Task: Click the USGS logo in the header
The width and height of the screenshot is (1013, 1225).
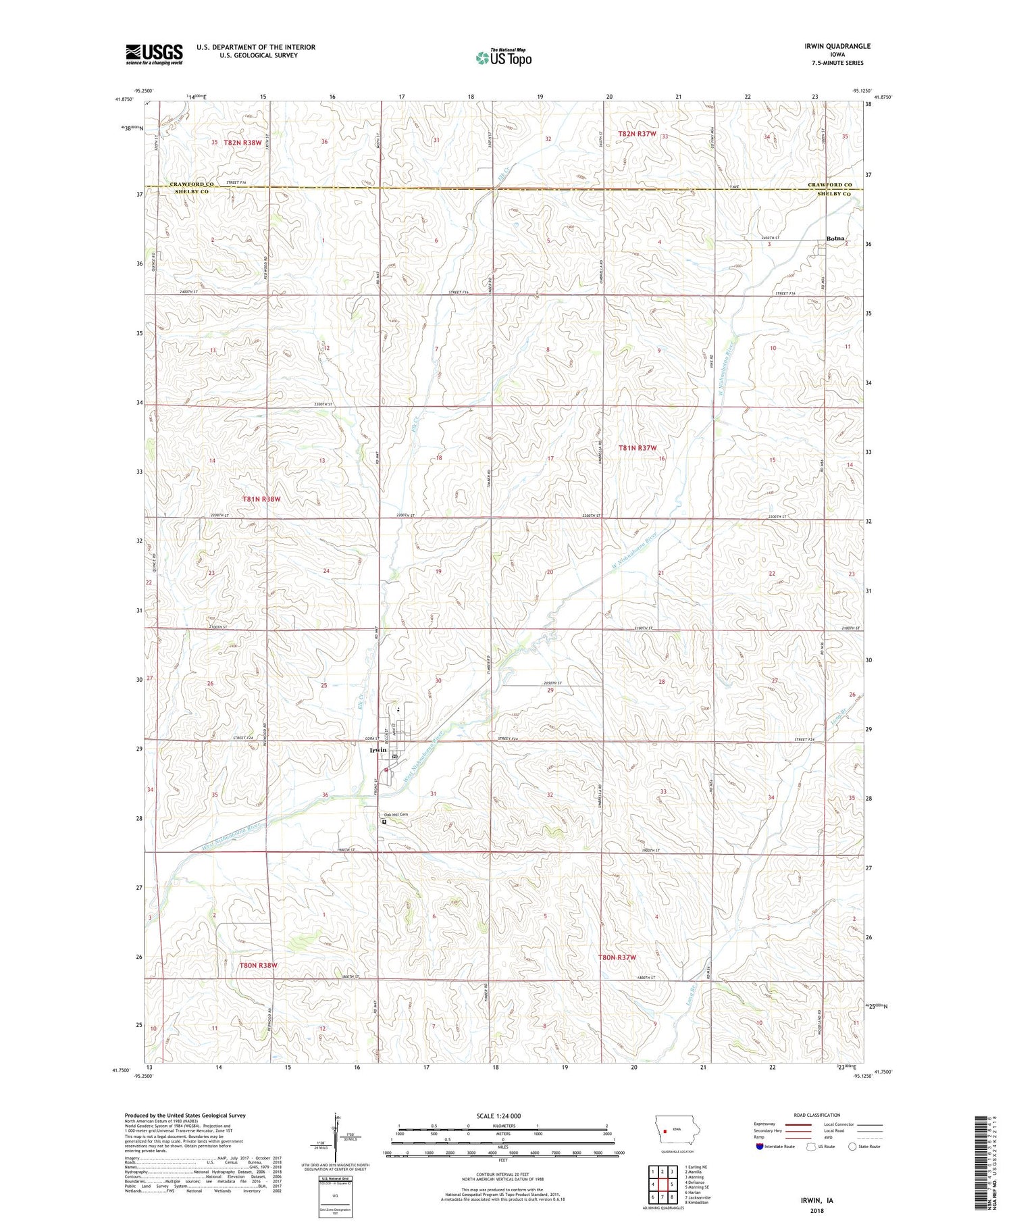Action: pyautogui.click(x=154, y=54)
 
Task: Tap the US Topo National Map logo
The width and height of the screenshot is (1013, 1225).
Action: pyautogui.click(x=503, y=57)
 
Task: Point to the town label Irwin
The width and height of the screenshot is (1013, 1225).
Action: pyautogui.click(x=378, y=750)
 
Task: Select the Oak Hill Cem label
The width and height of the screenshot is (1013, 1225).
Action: pyautogui.click(x=396, y=814)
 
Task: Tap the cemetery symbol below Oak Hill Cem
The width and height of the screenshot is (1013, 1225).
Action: pyautogui.click(x=384, y=823)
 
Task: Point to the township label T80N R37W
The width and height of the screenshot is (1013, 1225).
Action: pyautogui.click(x=617, y=957)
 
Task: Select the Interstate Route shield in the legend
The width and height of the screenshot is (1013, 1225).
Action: pyautogui.click(x=760, y=1147)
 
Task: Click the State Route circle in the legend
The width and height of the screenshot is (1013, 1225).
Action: pyautogui.click(x=852, y=1146)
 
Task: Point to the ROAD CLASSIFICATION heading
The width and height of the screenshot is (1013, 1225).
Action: pyautogui.click(x=817, y=1115)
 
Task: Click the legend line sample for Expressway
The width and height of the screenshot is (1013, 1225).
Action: pyautogui.click(x=798, y=1124)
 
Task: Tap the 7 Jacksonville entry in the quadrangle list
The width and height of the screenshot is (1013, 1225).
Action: pyautogui.click(x=698, y=1197)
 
